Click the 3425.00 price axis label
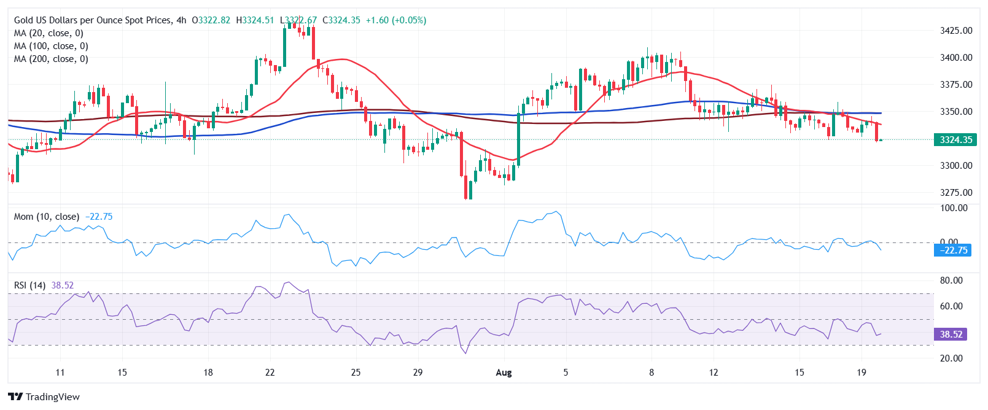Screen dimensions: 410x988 pos(956,31)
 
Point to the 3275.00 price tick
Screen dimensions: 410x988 pos(956,193)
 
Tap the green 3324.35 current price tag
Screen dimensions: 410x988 pos(955,140)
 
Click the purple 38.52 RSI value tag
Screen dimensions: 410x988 pos(951,335)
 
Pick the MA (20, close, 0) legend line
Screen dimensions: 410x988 pos(49,33)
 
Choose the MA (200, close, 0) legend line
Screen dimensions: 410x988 pos(51,59)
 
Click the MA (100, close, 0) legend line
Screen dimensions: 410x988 pos(51,46)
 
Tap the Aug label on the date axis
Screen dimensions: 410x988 pos(504,373)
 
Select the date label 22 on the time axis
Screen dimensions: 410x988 pos(270,373)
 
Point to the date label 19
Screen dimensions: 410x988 pos(862,373)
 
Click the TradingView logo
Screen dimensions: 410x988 pos(44,396)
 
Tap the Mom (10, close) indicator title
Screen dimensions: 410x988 pos(47,217)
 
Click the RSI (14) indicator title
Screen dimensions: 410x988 pos(29,285)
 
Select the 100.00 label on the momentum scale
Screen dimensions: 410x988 pos(954,208)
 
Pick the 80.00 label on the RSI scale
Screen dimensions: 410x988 pos(951,280)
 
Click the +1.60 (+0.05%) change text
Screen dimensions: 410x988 pos(395,20)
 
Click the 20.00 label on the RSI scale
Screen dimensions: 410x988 pos(951,358)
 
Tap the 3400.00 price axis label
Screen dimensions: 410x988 pos(956,58)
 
